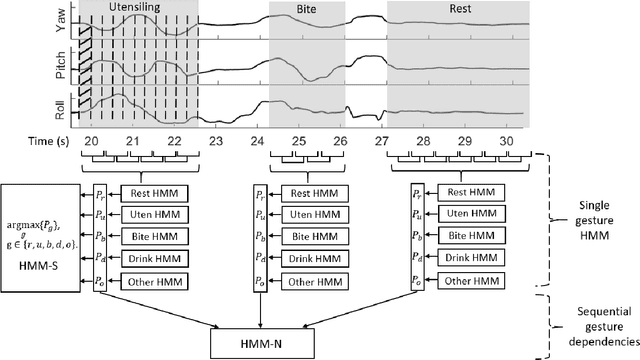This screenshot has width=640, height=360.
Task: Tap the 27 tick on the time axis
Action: pyautogui.click(x=381, y=143)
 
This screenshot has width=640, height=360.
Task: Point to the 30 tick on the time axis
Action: pyautogui.click(x=506, y=143)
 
